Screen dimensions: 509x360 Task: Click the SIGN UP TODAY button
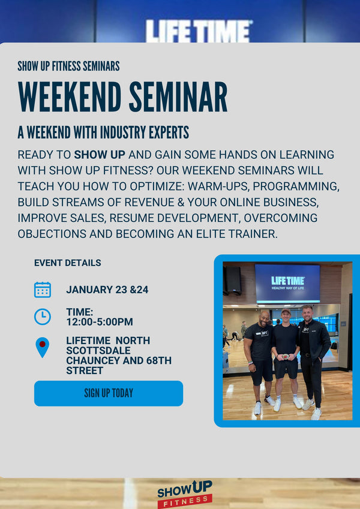[109, 393]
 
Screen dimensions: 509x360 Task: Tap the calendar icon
[43, 290]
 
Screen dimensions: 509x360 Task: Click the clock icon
[43, 317]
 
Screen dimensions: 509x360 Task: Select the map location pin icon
[42, 347]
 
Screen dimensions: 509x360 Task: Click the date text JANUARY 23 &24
[107, 290]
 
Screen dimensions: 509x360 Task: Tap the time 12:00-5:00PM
[100, 322]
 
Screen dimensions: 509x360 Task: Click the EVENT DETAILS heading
[67, 263]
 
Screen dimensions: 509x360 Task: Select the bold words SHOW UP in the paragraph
[100, 155]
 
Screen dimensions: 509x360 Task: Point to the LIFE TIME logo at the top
[199, 31]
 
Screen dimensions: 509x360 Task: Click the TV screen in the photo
[287, 283]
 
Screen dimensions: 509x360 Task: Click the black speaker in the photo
[233, 280]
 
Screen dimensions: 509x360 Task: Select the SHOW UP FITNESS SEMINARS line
[68, 66]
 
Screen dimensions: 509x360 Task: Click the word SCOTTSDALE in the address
[98, 351]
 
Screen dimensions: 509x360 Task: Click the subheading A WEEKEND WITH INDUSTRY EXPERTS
[103, 132]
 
